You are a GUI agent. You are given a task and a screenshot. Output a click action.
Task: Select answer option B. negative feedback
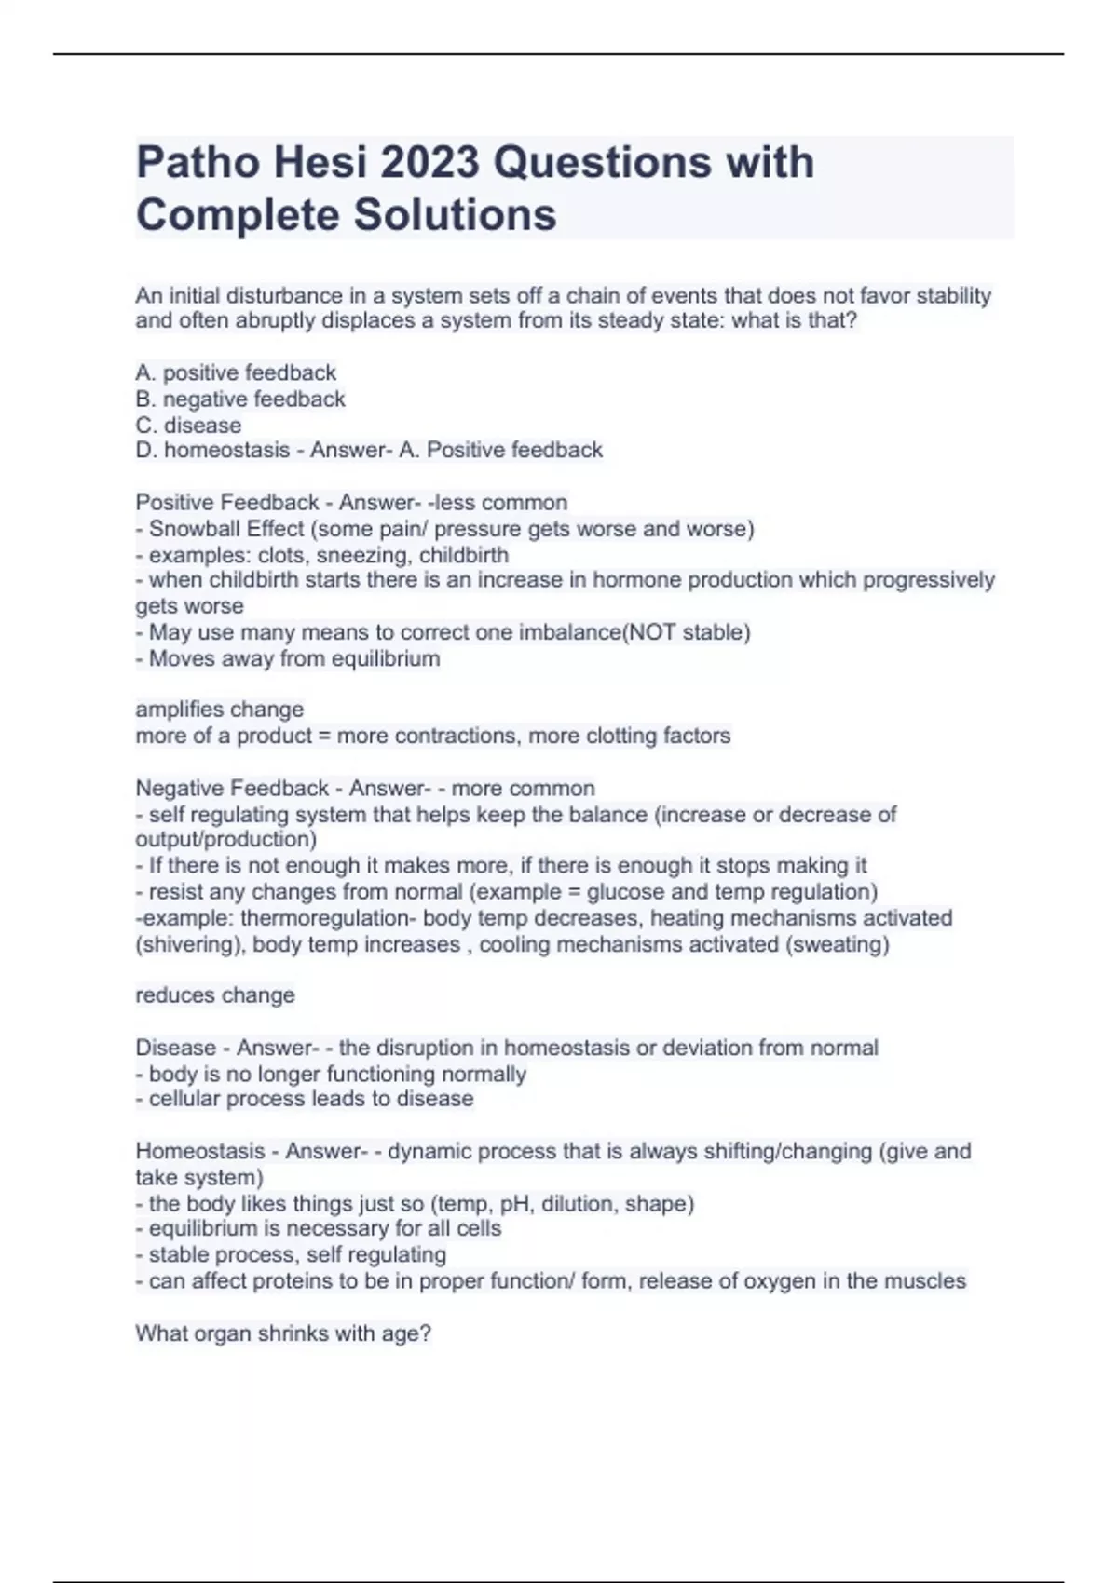click(x=240, y=399)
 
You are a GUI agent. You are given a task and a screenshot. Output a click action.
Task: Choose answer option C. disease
click(x=188, y=426)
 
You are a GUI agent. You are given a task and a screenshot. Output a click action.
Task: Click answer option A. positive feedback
click(x=236, y=373)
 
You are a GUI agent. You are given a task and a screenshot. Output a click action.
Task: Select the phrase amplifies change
click(x=220, y=710)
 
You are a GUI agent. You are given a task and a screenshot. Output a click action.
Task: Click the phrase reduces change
click(x=215, y=995)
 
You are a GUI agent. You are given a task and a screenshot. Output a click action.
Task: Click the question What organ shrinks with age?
click(x=283, y=1333)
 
